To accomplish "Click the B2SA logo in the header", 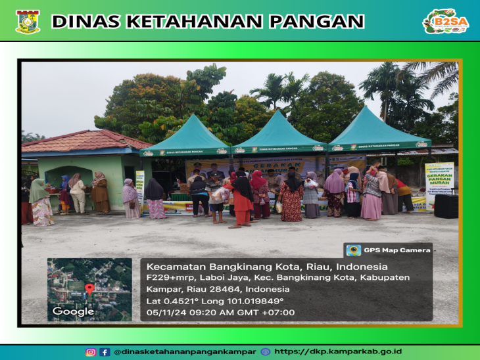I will [445, 21].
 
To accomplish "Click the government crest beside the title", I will [28, 21].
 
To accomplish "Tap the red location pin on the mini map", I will [89, 289].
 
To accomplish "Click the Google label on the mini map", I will [73, 311].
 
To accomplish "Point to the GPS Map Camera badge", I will [388, 250].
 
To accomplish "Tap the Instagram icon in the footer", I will [91, 351].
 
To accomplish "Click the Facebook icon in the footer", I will [105, 351].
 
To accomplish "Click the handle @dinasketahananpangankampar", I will [185, 351].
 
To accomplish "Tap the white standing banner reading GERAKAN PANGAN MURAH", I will [439, 185].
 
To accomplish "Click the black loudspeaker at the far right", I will [446, 206].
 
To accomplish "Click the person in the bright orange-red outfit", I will [243, 200].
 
